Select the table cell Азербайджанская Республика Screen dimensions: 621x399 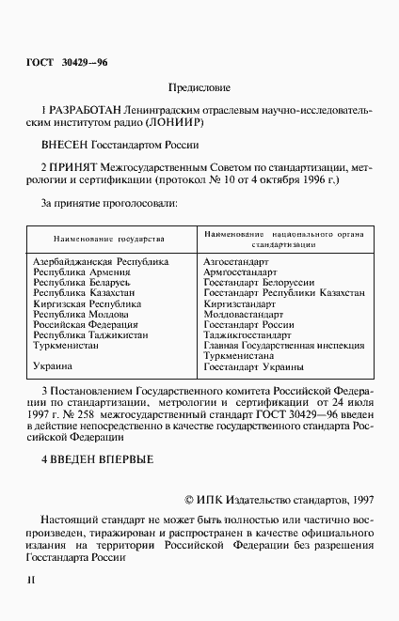pos(101,260)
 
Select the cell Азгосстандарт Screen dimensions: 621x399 pos(236,260)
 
